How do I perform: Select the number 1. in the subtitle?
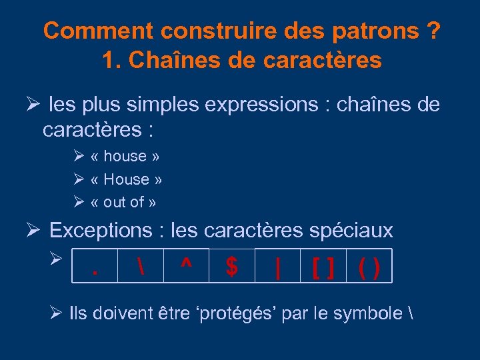(x=112, y=61)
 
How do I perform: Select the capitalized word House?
(x=126, y=179)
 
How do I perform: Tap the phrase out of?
(x=124, y=202)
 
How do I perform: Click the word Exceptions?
(x=101, y=231)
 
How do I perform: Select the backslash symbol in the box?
(x=140, y=267)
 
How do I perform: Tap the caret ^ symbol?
(x=186, y=267)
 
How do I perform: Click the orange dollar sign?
(x=231, y=267)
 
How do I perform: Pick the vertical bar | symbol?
(x=277, y=268)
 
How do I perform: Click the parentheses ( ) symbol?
(x=369, y=268)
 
